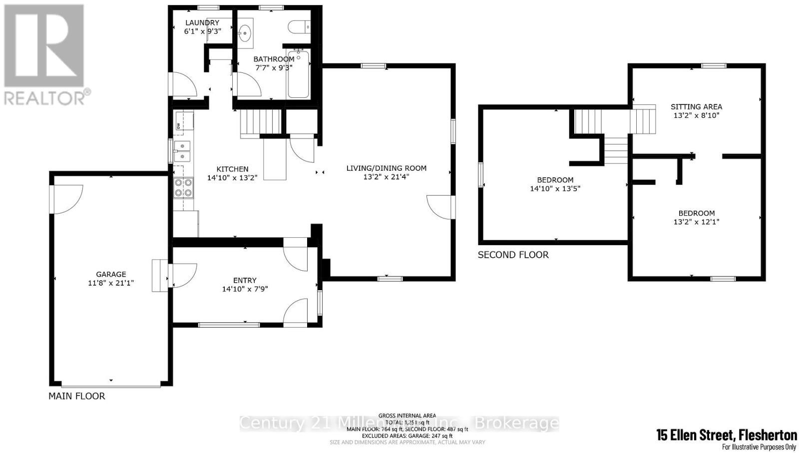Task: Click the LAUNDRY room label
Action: pos(202,22)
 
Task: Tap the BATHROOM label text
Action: pos(274,59)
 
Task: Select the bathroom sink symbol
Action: pos(245,34)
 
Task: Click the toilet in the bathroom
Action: pos(299,25)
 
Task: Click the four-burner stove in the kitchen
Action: pos(183,188)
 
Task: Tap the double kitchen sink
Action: pos(182,151)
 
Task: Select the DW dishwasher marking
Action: pos(178,126)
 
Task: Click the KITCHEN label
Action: pos(232,169)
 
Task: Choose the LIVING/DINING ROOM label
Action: pos(387,168)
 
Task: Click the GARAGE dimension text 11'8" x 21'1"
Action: pos(111,283)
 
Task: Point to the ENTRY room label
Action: pos(245,280)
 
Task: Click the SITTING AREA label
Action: pos(696,106)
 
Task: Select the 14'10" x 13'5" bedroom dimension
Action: pos(555,189)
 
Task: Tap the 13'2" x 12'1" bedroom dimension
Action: pos(696,222)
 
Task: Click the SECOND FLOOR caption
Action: pos(513,255)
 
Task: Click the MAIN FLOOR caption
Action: pos(76,396)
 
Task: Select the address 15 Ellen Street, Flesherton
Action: pos(726,435)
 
